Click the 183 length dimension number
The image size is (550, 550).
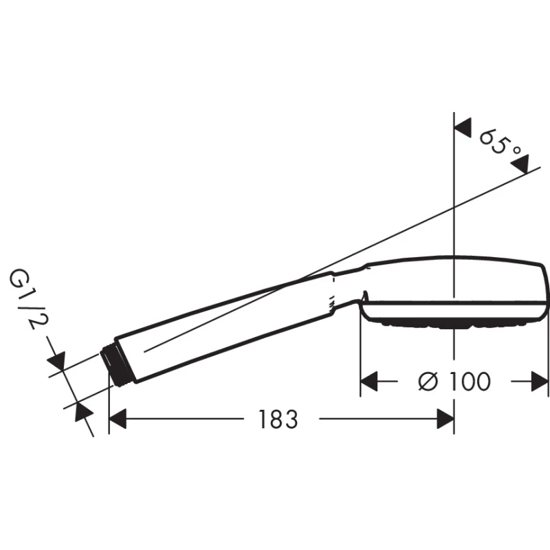tap(278, 419)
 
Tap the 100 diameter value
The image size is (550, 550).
tap(470, 382)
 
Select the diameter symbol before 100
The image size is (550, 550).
tap(428, 382)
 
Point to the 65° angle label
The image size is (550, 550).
tap(500, 142)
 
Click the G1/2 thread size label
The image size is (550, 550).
tap(27, 299)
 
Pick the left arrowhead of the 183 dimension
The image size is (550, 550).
tap(118, 419)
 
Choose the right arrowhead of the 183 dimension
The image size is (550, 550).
tap(445, 419)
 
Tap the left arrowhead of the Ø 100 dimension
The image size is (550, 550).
tap(369, 382)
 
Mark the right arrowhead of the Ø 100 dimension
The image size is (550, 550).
tap(540, 382)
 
